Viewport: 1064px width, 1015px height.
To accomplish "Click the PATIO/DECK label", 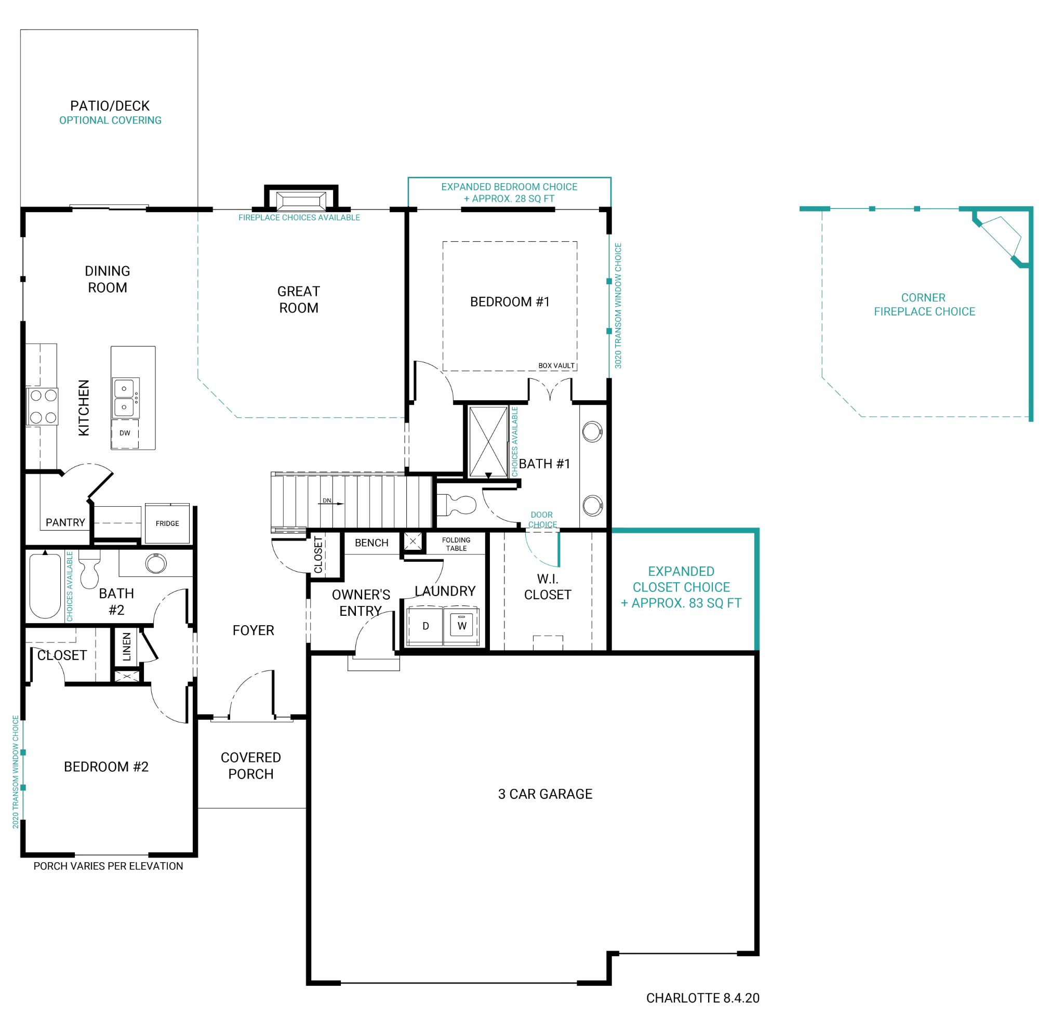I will (x=110, y=106).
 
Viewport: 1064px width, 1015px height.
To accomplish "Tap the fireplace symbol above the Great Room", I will (x=301, y=201).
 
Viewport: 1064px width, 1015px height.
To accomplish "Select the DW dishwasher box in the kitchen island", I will (x=125, y=433).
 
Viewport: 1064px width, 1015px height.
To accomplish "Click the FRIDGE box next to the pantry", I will (x=167, y=523).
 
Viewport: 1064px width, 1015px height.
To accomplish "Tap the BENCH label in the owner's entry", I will (x=371, y=543).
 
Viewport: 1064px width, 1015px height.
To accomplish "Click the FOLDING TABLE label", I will (x=456, y=544).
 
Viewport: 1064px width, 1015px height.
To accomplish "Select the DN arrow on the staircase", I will (x=333, y=501).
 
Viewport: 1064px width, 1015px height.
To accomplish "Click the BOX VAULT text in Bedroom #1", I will (x=556, y=366).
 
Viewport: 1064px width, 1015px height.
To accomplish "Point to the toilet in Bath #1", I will (x=458, y=505).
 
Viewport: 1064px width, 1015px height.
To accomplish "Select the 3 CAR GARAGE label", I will (x=544, y=794).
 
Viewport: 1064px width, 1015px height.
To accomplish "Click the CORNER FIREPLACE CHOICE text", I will (x=924, y=305).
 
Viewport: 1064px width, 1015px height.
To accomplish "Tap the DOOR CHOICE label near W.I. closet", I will (x=541, y=519).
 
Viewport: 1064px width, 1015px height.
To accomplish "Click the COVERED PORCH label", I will (x=250, y=766).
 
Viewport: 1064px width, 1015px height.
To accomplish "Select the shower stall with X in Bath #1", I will (x=488, y=441).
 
